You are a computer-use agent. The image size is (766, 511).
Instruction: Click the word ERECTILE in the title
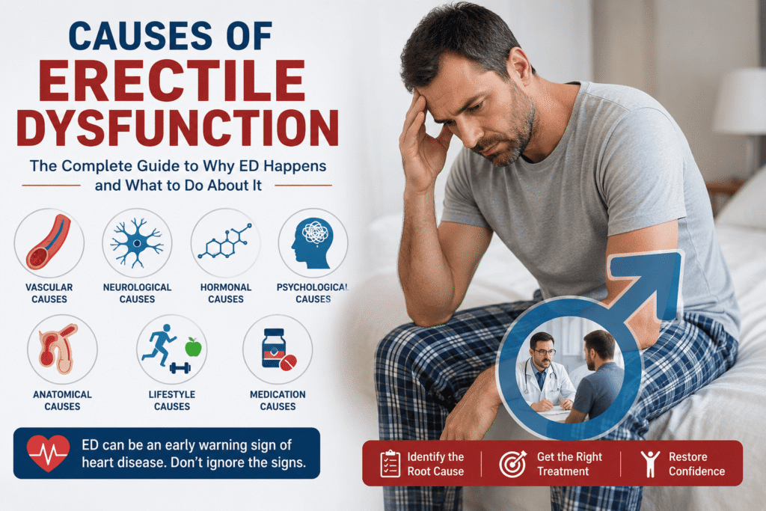(x=172, y=81)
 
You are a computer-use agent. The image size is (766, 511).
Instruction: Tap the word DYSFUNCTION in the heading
(x=178, y=128)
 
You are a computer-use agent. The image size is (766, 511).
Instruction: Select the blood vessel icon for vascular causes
(x=49, y=242)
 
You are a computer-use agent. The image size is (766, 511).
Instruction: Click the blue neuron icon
(x=137, y=243)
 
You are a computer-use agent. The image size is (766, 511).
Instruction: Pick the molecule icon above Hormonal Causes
(x=224, y=241)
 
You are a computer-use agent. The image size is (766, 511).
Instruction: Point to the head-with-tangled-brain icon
(x=312, y=243)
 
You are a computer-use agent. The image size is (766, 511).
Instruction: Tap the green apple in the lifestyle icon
(x=194, y=347)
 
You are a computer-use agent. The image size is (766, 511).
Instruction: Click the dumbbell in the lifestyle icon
(x=180, y=368)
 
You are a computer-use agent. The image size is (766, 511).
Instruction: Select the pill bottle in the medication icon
(x=274, y=348)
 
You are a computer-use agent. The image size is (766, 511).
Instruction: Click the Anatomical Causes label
(x=62, y=400)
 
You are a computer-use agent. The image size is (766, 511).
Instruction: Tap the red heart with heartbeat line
(x=48, y=453)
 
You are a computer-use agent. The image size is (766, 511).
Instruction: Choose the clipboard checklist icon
(x=390, y=464)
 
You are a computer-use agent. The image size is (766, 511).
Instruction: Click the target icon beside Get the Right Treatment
(x=512, y=464)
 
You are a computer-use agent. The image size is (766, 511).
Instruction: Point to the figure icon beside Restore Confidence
(x=650, y=464)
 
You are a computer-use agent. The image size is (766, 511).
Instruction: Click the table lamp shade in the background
(x=739, y=101)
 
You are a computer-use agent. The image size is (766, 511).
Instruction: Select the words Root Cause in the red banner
(x=435, y=471)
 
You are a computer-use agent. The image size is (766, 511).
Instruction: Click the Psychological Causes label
(x=313, y=293)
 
